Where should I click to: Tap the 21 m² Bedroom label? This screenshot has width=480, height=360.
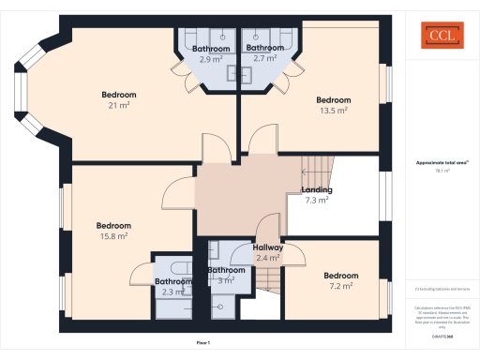(119, 99)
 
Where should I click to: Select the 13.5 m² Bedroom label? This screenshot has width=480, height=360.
(333, 105)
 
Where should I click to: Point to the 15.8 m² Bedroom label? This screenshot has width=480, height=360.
(113, 231)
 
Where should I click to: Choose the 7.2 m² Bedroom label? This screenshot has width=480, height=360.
(340, 280)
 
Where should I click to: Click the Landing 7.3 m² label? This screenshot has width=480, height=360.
(316, 195)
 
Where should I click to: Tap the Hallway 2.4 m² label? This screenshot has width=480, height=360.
(268, 252)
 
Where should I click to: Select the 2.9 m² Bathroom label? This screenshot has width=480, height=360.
(210, 53)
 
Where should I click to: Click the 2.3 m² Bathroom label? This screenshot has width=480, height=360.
(173, 286)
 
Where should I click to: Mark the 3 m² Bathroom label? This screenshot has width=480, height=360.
(226, 275)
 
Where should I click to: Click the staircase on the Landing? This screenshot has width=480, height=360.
(317, 173)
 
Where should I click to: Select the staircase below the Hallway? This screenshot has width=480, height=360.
(270, 277)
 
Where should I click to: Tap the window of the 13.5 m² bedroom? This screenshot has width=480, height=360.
(383, 89)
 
